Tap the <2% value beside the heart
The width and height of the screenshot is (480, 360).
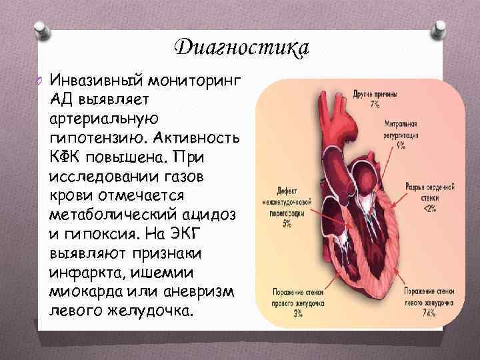[x=430, y=209]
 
